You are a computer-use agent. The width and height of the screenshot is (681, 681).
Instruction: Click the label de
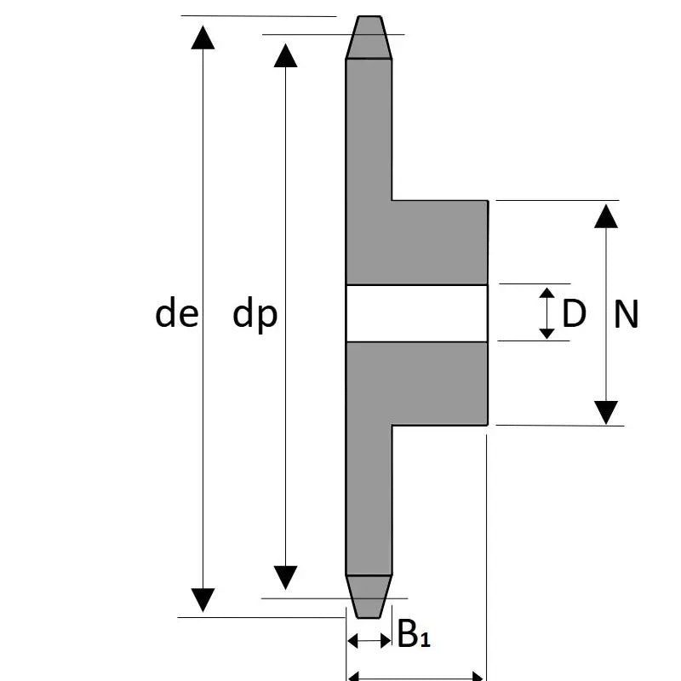[176, 315]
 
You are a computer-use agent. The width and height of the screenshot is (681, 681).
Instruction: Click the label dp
[255, 315]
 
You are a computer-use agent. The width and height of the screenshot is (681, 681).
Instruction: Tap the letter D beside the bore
[575, 314]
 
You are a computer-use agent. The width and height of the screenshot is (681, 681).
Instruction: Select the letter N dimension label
[626, 315]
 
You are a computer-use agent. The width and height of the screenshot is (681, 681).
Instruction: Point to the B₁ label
[414, 634]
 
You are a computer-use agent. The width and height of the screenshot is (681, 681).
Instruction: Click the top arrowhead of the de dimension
[203, 37]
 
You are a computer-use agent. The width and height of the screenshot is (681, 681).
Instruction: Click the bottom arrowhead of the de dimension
[203, 599]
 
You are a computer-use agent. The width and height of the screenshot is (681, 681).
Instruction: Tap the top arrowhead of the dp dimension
[285, 55]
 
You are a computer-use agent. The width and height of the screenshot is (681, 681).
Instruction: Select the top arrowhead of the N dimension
[605, 216]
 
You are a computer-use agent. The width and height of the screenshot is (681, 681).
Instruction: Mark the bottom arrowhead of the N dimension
[605, 412]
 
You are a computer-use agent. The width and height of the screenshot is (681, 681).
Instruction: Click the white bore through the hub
[416, 312]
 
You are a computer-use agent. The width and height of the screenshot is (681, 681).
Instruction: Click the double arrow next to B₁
[369, 640]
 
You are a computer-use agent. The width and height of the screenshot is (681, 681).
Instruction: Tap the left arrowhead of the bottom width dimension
[356, 678]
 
